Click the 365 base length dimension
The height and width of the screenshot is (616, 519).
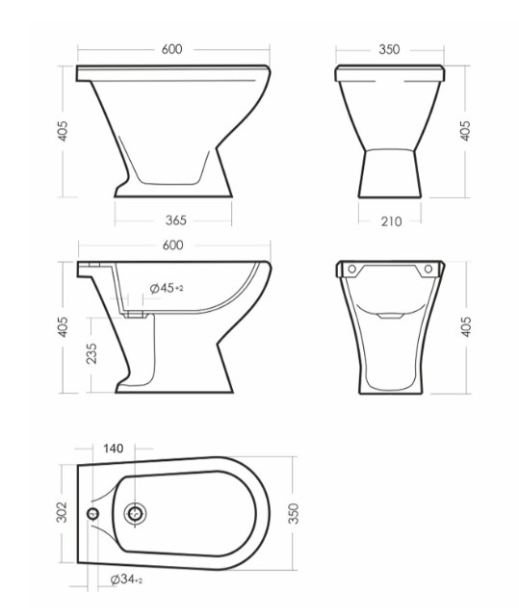(x=175, y=220)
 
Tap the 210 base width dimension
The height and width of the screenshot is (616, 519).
(x=391, y=221)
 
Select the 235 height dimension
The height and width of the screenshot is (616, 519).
(x=91, y=353)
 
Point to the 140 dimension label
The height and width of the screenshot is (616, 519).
(x=114, y=449)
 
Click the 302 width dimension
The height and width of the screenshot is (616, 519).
(x=62, y=512)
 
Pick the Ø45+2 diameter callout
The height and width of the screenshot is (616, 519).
(x=167, y=288)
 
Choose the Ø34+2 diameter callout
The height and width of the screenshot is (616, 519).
(x=126, y=579)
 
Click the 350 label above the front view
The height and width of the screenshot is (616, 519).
(x=389, y=49)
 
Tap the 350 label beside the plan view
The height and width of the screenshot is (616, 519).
(x=294, y=513)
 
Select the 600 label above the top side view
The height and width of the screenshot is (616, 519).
(x=172, y=49)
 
